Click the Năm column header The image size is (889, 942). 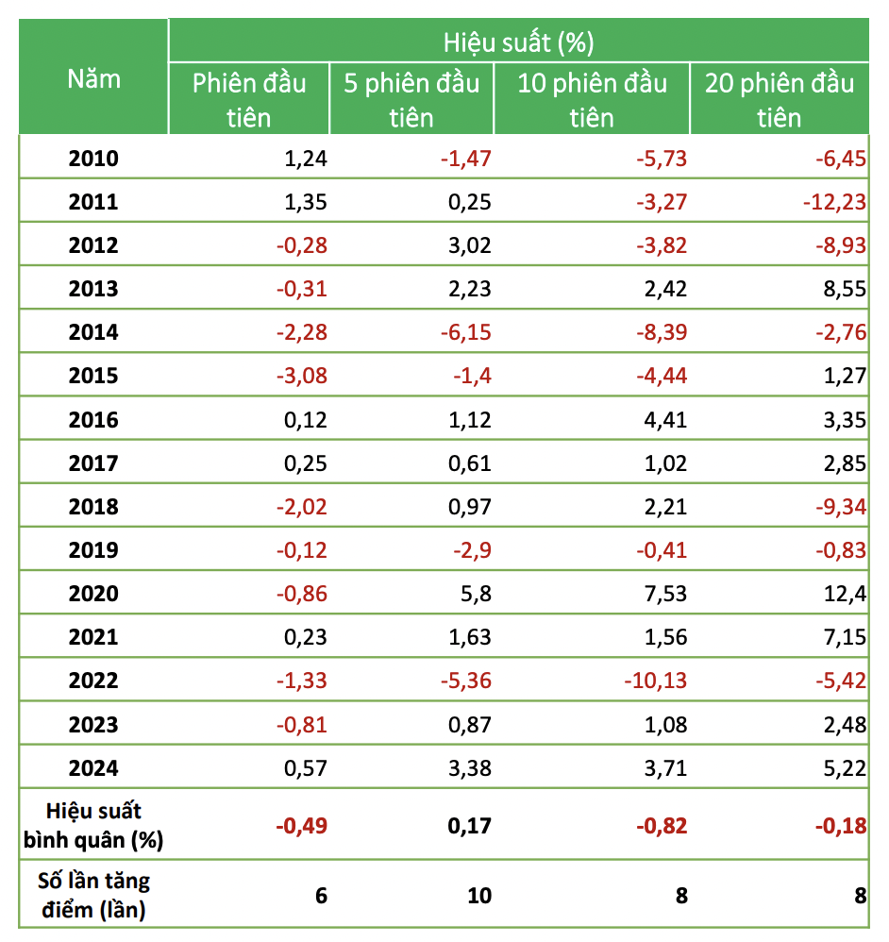(x=93, y=78)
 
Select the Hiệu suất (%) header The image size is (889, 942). (x=518, y=42)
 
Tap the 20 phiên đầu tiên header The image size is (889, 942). (x=779, y=99)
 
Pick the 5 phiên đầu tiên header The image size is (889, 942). (x=411, y=99)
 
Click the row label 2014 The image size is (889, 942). (x=93, y=332)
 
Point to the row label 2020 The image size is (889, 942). (x=93, y=594)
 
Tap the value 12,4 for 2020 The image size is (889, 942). (x=844, y=594)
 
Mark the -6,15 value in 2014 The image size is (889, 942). (x=465, y=332)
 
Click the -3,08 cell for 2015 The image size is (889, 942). (x=301, y=376)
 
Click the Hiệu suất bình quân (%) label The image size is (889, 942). (x=93, y=824)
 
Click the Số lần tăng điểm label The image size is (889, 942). (x=93, y=895)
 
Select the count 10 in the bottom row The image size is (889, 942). (x=479, y=895)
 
